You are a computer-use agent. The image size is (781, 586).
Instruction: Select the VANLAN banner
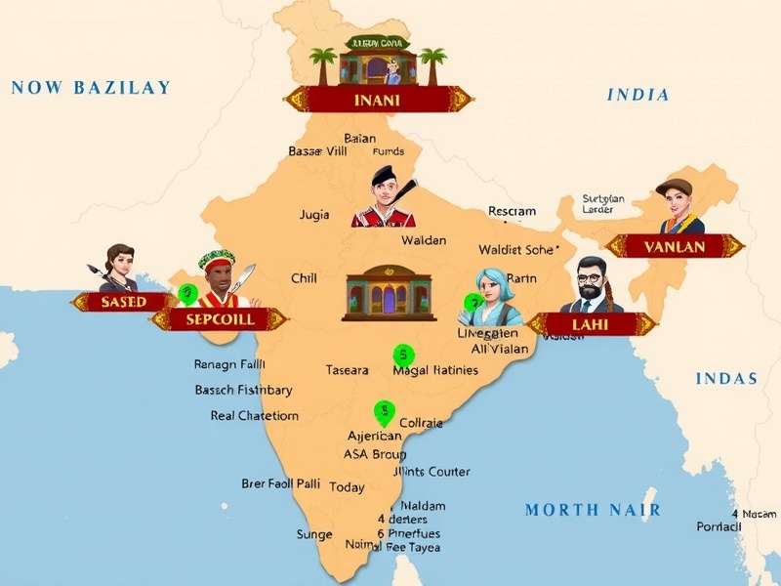point(675,247)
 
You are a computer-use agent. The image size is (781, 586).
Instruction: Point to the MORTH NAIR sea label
point(593,510)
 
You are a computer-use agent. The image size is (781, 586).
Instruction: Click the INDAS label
point(726,379)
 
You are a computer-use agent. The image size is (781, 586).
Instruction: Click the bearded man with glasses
point(590,285)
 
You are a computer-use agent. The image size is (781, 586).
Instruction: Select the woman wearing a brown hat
point(679,207)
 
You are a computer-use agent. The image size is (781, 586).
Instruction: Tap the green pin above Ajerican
point(385,412)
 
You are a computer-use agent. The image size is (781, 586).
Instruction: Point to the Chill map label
point(304,278)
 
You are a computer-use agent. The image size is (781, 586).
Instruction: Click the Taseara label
point(348,370)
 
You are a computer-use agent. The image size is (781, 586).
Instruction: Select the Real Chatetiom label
point(254,415)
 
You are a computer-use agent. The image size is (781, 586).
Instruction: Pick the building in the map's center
point(388,293)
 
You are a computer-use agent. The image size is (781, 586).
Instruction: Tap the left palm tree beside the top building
point(323,63)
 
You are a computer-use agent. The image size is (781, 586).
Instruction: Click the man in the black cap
point(384,198)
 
